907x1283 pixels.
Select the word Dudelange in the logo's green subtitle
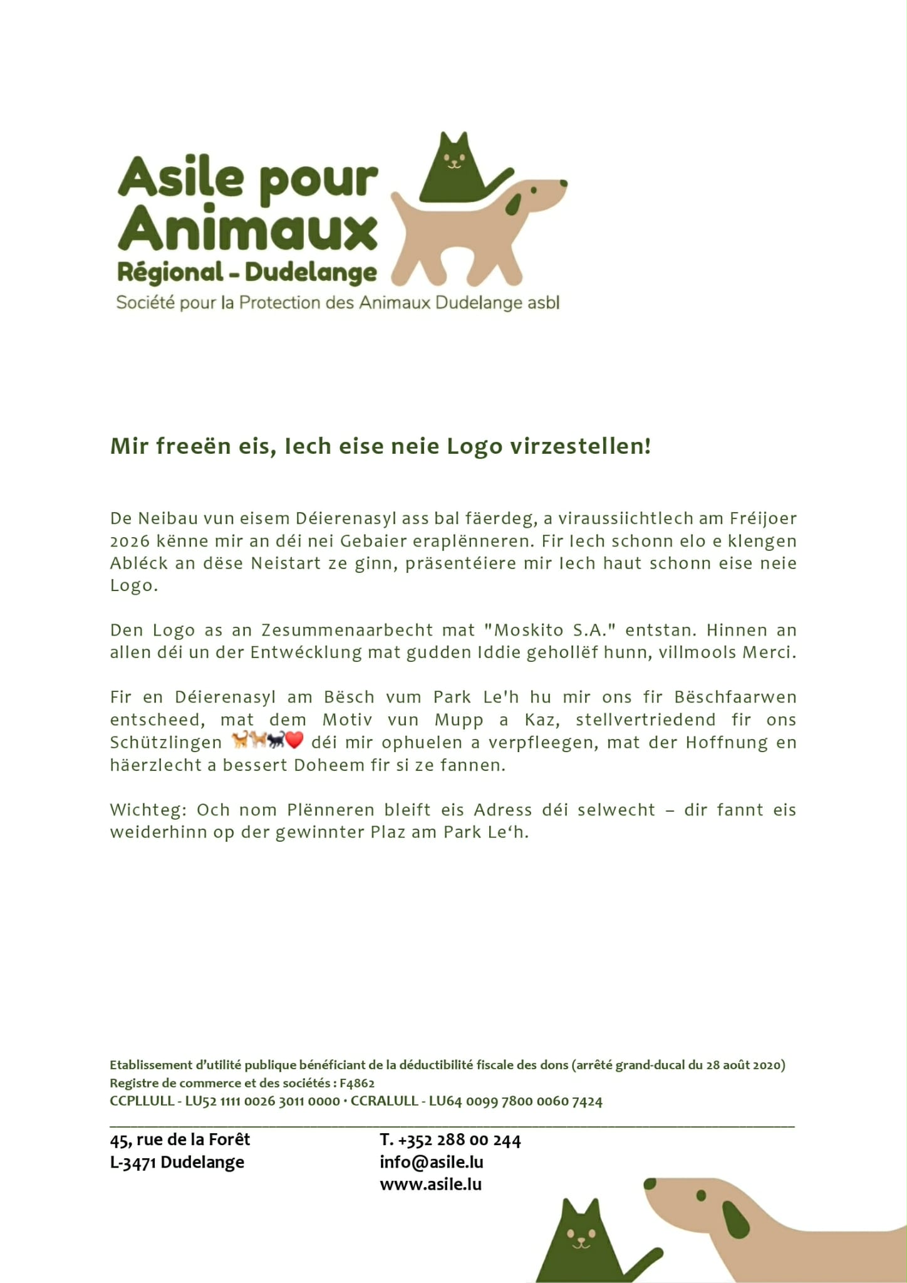(x=311, y=273)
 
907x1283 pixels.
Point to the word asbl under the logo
(x=542, y=303)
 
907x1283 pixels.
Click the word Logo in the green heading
(x=474, y=446)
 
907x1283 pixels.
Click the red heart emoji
(x=294, y=740)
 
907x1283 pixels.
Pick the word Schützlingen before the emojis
(x=166, y=743)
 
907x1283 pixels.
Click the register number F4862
(x=357, y=1083)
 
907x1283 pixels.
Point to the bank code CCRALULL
(x=384, y=1101)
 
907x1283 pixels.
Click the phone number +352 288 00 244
(x=459, y=1140)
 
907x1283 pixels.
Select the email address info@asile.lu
(x=432, y=1162)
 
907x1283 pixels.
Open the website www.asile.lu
(x=430, y=1184)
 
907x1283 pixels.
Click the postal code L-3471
(x=133, y=1163)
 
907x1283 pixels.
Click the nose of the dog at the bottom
(x=650, y=1184)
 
